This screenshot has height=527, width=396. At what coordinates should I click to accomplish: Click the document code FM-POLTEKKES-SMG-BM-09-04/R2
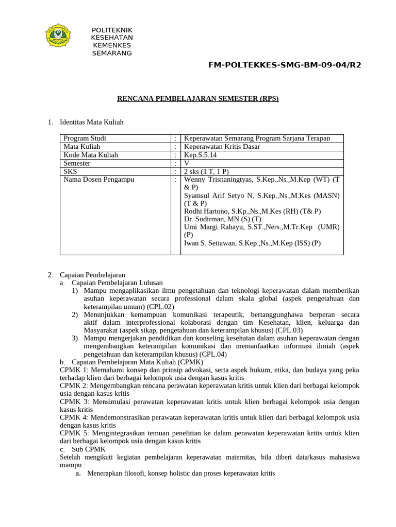(285, 65)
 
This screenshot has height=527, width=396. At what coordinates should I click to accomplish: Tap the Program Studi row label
(85, 138)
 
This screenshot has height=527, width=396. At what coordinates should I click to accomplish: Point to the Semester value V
(187, 163)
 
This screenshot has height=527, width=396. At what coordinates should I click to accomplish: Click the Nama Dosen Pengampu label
(98, 180)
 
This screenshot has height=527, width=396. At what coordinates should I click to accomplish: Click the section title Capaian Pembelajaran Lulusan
(117, 283)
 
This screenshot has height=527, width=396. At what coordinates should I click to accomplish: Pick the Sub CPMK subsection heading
(88, 449)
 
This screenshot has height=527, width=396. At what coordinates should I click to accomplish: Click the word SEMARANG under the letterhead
(112, 53)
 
